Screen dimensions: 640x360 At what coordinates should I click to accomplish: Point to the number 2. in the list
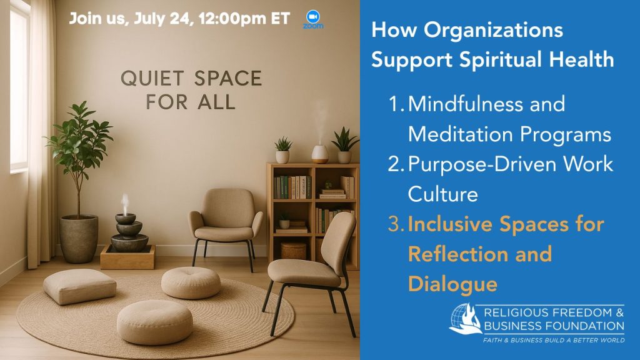396,164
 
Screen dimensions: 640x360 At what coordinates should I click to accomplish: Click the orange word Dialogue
452,284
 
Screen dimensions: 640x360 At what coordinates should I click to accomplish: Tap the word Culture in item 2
443,194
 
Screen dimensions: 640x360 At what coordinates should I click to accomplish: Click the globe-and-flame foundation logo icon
465,319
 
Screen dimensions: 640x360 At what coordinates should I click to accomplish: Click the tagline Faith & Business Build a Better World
554,340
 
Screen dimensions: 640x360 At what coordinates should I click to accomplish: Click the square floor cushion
79,286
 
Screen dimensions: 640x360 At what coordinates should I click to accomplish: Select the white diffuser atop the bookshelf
320,154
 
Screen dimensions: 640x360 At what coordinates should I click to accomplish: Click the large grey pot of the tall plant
79,238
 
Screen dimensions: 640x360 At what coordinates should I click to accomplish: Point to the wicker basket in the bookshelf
293,251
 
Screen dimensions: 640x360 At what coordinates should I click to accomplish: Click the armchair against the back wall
226,224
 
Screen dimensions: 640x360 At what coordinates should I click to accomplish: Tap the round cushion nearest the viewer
155,322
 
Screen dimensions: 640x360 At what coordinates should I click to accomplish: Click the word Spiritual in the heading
500,60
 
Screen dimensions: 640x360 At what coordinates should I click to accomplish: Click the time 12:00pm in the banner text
232,19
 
